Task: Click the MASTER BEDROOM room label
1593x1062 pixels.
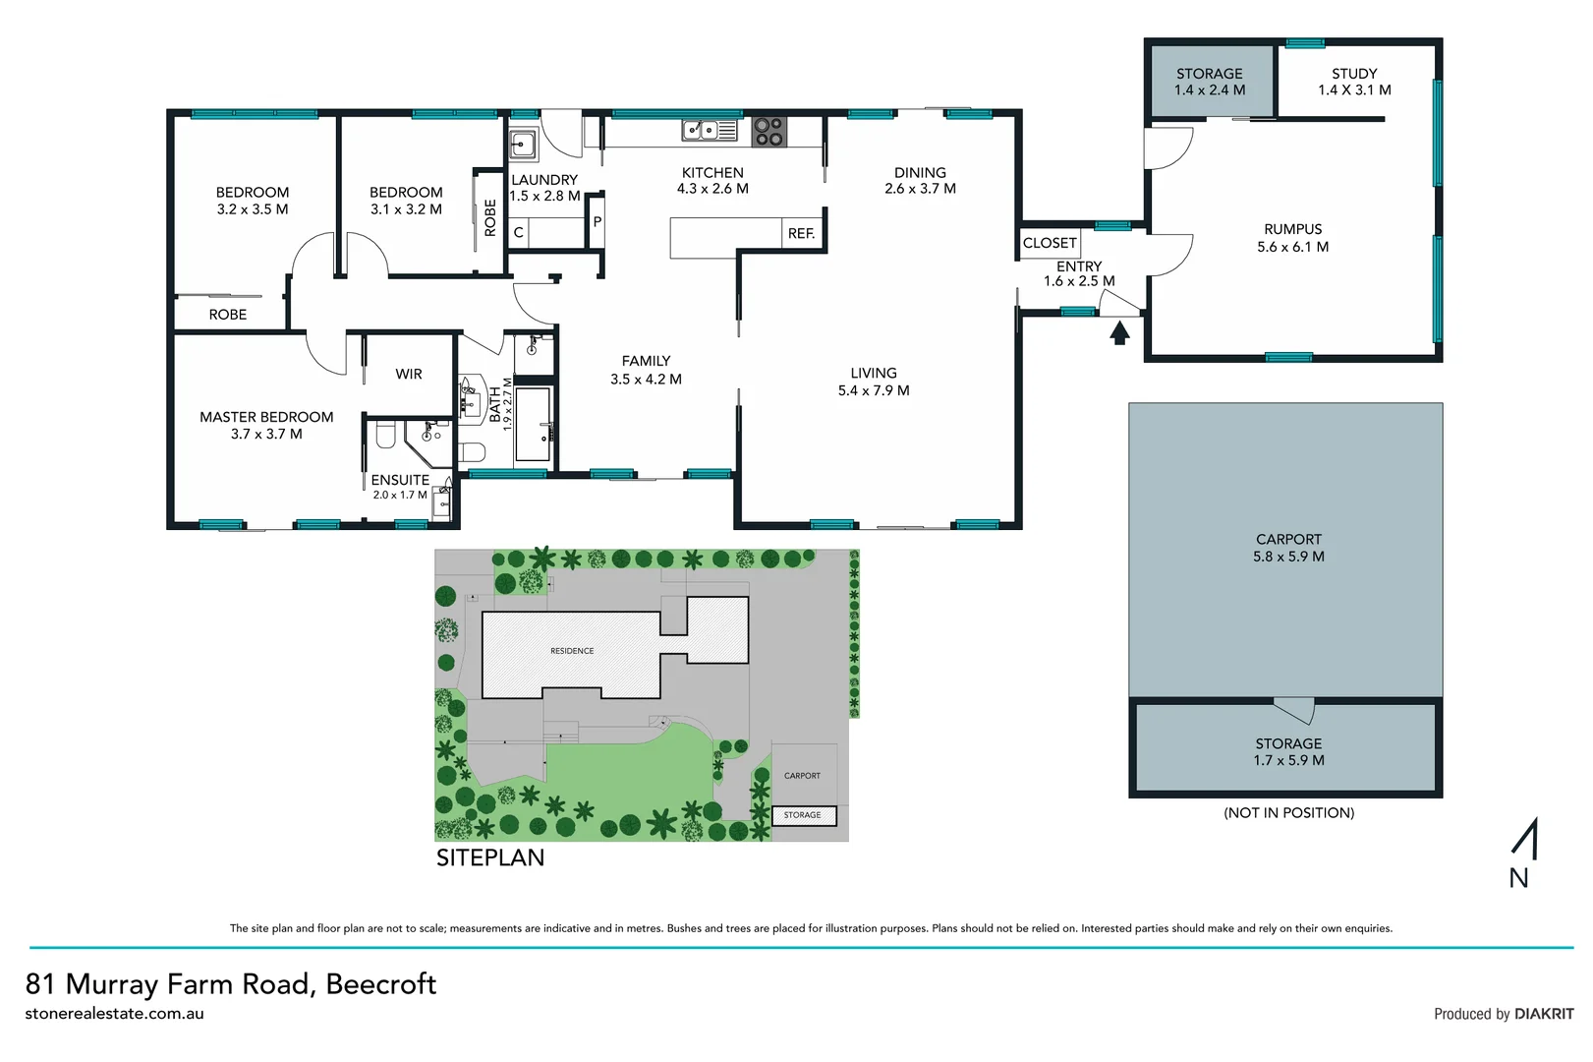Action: [266, 417]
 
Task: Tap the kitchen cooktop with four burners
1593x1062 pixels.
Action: [768, 132]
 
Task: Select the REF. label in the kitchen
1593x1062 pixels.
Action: [801, 234]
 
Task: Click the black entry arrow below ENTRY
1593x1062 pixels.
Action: [1119, 334]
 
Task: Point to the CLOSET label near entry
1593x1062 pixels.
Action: [1050, 243]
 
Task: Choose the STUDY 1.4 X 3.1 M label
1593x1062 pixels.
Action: [1354, 82]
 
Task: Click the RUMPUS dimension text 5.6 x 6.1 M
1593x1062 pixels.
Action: [1292, 247]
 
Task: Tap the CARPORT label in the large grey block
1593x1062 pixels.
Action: [1288, 540]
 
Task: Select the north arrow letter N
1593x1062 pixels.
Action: [1518, 878]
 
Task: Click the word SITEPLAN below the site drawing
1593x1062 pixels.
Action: [490, 857]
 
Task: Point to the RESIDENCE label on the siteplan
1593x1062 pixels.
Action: [572, 651]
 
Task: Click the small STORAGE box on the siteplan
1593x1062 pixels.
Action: [803, 815]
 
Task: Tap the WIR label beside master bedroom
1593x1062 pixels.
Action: [409, 375]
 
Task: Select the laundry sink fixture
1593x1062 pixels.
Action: [522, 145]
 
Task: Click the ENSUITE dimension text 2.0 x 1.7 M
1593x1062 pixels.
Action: [400, 495]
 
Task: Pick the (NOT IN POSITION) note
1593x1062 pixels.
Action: [1288, 812]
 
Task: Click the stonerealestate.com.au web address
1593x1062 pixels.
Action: [114, 1013]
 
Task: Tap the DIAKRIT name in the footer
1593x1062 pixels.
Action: [1544, 1014]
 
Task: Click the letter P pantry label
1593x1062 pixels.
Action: [597, 222]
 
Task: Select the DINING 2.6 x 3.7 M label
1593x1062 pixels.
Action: [920, 180]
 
